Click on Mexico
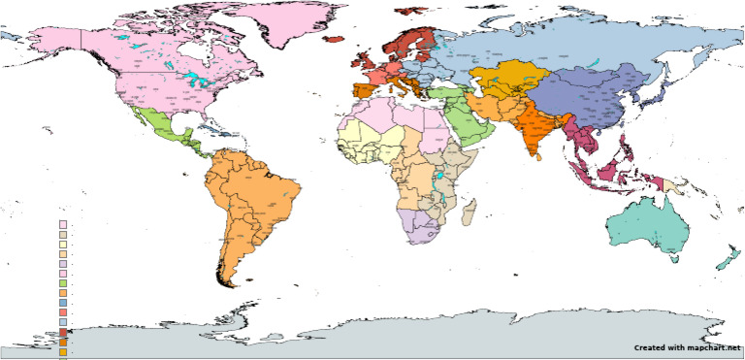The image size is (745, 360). pyautogui.click(x=155, y=126)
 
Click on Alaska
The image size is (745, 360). pyautogui.click(x=63, y=44)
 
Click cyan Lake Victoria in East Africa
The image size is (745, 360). pyautogui.click(x=440, y=180)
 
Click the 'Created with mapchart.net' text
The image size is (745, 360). pyautogui.click(x=688, y=347)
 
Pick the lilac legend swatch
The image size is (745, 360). pyautogui.click(x=63, y=263)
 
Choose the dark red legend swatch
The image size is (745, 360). pyautogui.click(x=63, y=332)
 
